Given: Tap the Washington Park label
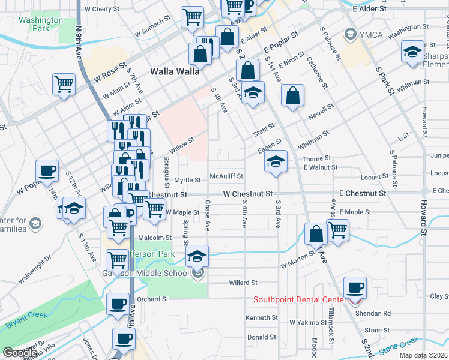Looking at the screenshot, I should tap(40, 24).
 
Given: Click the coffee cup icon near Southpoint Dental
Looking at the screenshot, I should tap(355, 287).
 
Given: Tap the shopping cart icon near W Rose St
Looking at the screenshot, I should tap(64, 84).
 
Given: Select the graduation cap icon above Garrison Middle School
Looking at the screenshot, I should tap(197, 256).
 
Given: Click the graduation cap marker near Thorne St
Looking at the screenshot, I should tap(276, 161).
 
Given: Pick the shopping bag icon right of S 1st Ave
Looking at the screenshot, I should tap(292, 95).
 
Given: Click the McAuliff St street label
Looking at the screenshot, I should tap(226, 176).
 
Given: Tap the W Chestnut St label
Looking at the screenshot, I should tap(248, 194).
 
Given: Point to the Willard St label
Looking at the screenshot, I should tap(243, 282).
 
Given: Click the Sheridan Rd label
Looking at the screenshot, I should tap(375, 313).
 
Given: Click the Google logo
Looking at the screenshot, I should tap(20, 353).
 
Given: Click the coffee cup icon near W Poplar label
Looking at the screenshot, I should tap(47, 170).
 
